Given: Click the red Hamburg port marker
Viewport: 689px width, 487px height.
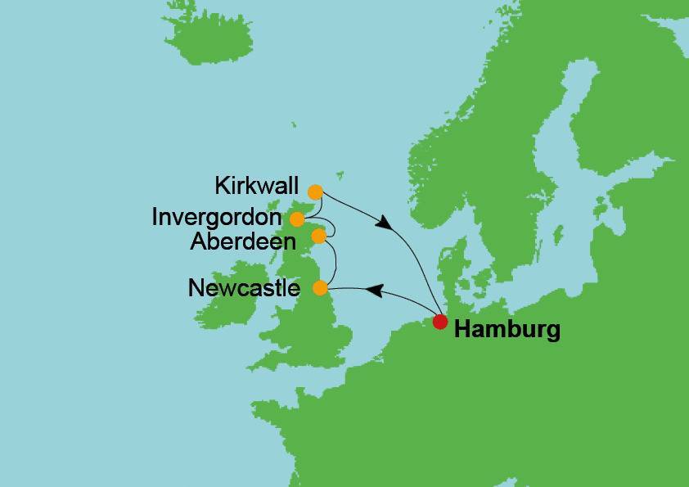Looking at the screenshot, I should point(440,322).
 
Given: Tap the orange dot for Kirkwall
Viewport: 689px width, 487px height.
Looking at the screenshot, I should point(315,192).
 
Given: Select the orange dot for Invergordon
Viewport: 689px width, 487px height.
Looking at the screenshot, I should point(298,219).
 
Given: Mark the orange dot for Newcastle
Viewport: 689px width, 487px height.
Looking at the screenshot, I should point(321,288).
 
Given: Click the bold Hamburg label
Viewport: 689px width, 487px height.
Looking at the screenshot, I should point(507,331).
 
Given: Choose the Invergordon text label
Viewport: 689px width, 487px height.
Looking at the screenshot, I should point(217,219).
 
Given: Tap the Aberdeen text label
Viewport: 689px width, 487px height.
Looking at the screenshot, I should point(241,242).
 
